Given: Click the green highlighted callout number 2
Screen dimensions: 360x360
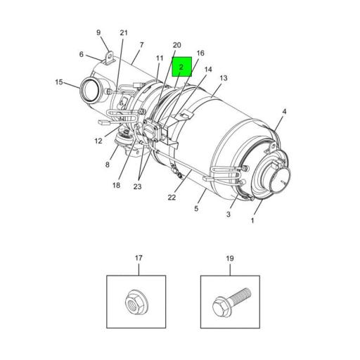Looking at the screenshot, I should point(181,66).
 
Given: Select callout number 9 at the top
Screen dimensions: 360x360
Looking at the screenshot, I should point(98,32).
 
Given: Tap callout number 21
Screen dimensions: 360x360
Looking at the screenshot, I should point(124,33).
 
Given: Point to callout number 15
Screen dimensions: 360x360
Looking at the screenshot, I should point(59,82).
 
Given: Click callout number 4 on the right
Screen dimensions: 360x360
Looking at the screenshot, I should point(284,112).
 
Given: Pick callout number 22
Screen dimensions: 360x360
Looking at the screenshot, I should point(171,197).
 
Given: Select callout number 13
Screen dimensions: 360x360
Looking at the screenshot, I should point(224,78).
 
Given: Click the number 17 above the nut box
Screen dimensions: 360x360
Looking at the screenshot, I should point(138,259).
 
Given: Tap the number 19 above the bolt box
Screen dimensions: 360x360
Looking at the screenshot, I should point(229,259).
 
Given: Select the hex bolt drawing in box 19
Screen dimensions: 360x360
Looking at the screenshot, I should point(229,303).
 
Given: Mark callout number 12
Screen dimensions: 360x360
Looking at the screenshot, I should point(98,141).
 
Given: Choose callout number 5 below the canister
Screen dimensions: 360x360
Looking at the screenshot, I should point(197,208).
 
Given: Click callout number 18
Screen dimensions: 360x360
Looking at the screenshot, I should point(116,185).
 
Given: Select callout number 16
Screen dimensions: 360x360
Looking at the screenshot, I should point(200,53).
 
